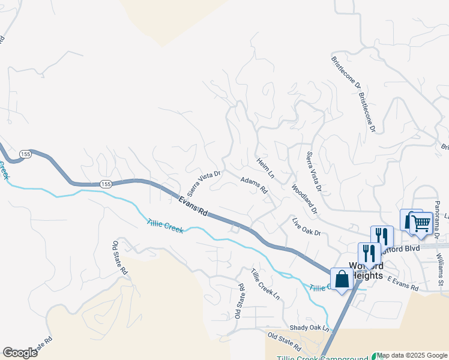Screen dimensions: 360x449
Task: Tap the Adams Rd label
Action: coord(254,185)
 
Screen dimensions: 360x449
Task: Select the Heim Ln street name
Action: coord(265,168)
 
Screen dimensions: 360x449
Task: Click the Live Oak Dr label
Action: coord(307,228)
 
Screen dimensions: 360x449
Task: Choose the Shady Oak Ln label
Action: coord(310,328)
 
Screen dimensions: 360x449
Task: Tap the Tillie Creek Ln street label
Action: coord(265,284)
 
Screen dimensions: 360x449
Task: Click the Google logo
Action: coord(20,353)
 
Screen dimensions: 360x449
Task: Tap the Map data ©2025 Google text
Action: coord(412,355)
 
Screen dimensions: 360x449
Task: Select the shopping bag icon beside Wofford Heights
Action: coord(342,279)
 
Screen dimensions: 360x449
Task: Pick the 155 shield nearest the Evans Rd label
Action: coord(106,183)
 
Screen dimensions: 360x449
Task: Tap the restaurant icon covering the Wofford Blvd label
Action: coord(382,236)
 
